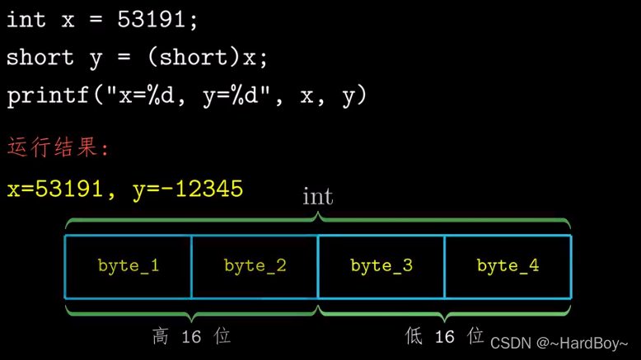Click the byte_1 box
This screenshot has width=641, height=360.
tap(128, 267)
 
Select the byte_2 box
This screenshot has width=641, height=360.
tap(255, 267)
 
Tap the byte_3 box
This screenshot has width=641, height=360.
tap(381, 267)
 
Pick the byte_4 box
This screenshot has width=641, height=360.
tap(508, 267)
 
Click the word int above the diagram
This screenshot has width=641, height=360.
tap(318, 197)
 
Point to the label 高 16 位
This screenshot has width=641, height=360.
tap(191, 336)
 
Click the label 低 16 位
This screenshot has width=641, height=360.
tap(444, 336)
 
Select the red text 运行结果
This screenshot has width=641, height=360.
tap(58, 147)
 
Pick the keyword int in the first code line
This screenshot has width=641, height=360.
tap(26, 19)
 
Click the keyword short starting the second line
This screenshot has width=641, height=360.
tap(40, 58)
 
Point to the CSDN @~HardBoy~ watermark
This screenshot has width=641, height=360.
tap(559, 343)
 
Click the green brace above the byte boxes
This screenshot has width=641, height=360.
tap(318, 222)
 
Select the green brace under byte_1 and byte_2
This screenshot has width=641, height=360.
tap(191, 312)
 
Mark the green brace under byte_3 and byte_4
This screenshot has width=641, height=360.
tap(444, 312)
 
